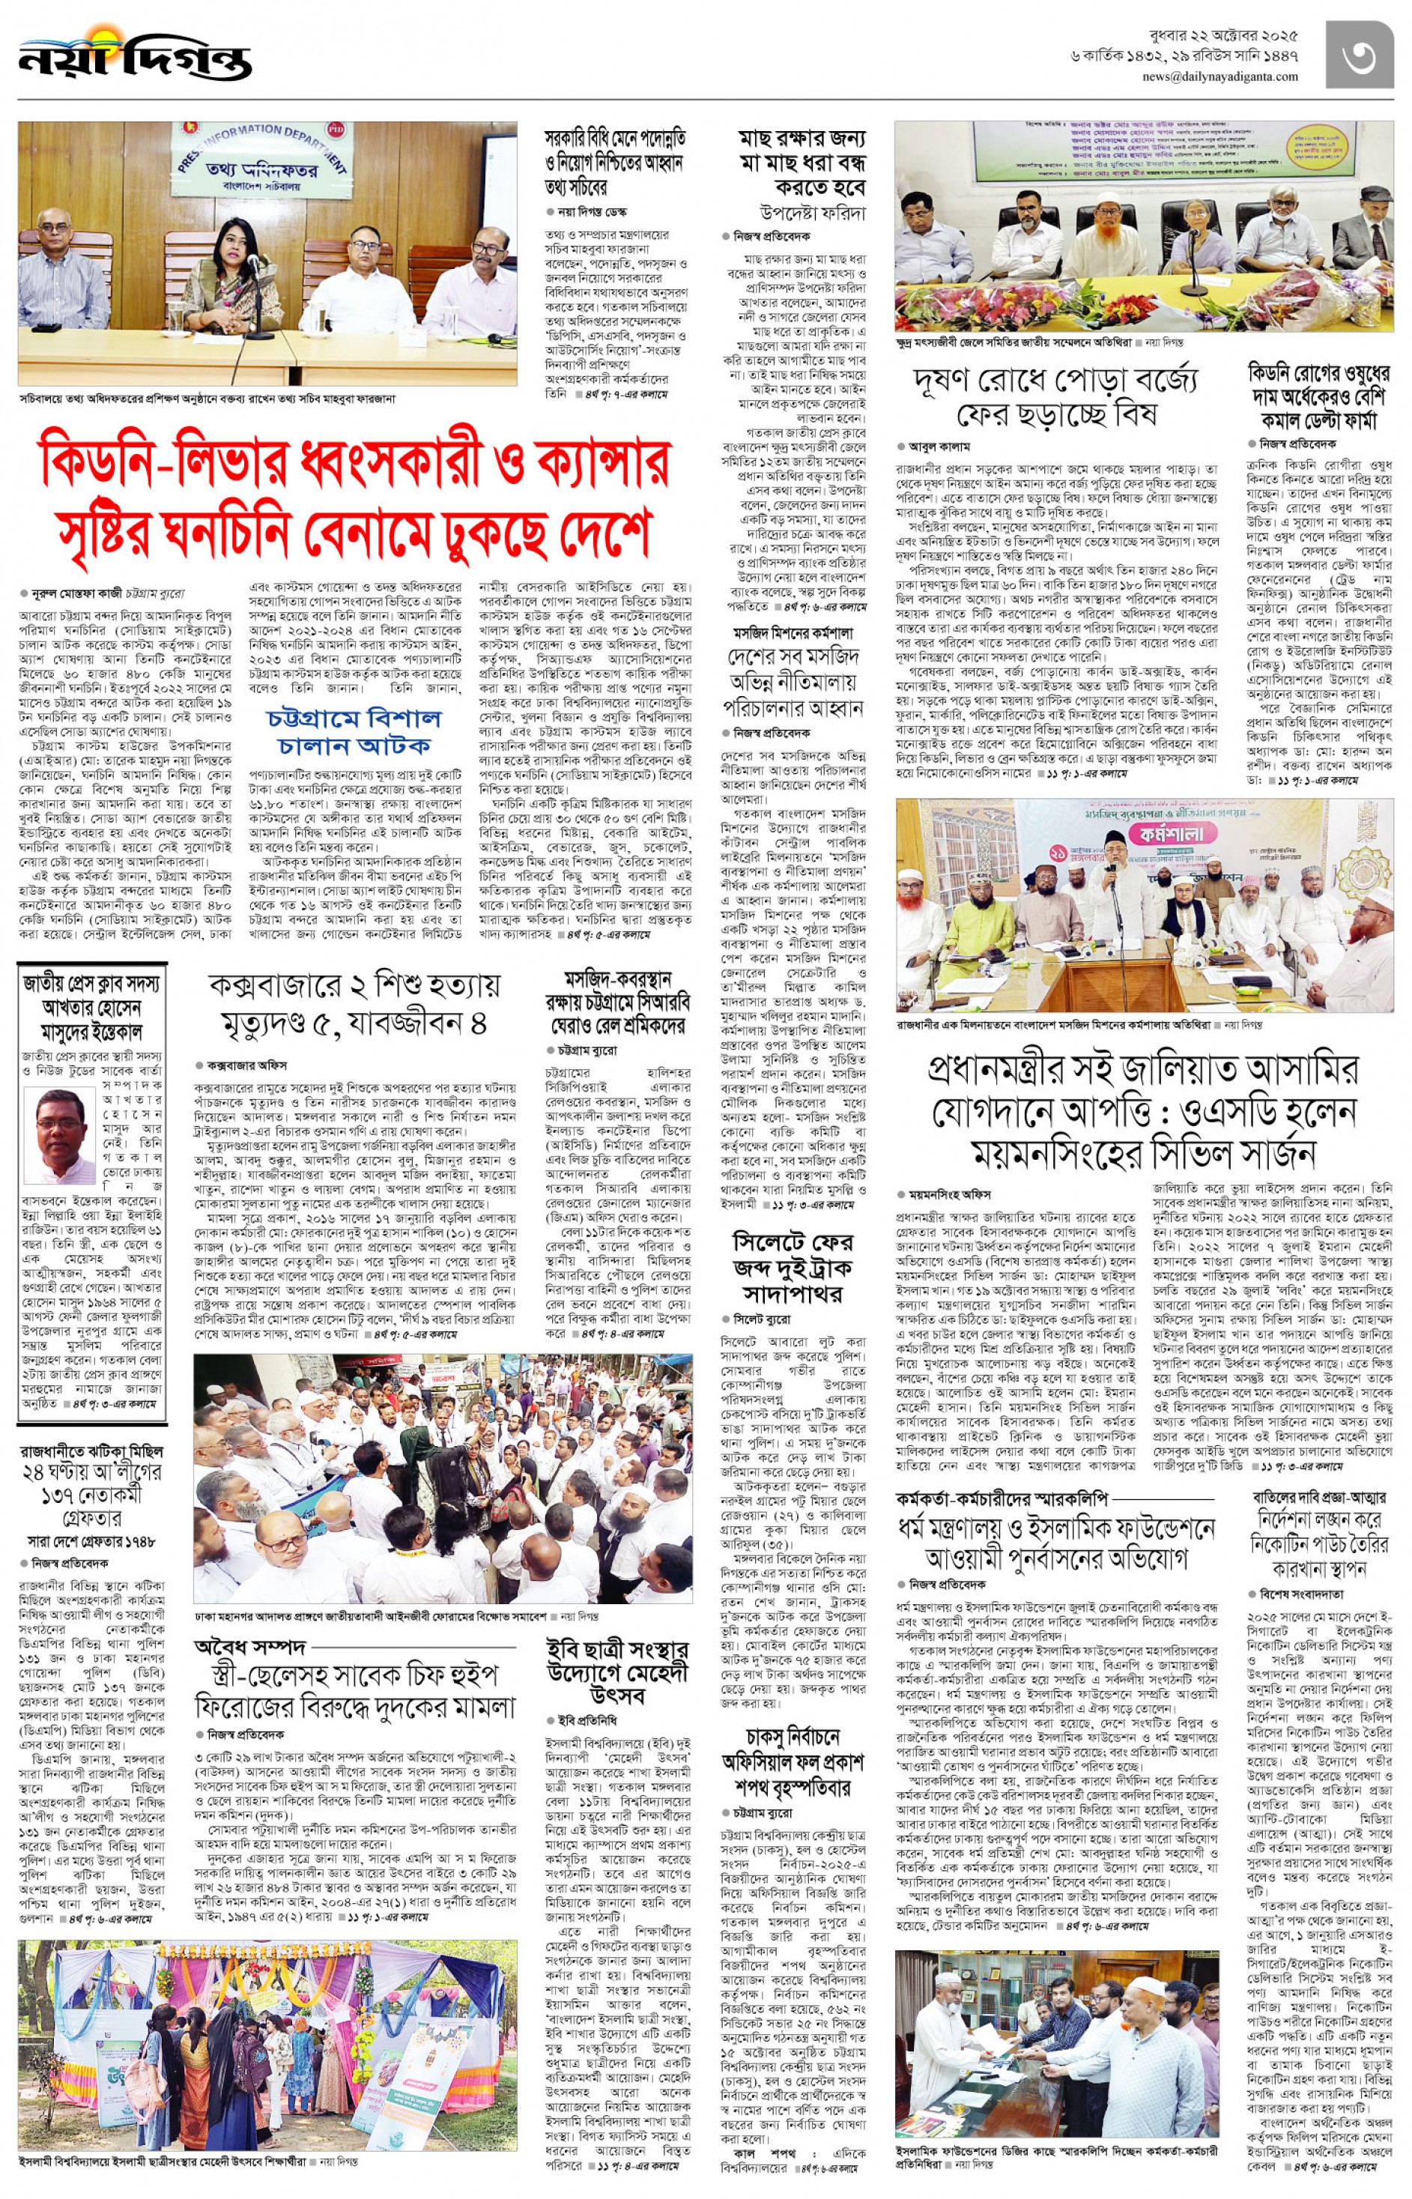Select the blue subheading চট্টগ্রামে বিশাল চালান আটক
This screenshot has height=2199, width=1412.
click(353, 730)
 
